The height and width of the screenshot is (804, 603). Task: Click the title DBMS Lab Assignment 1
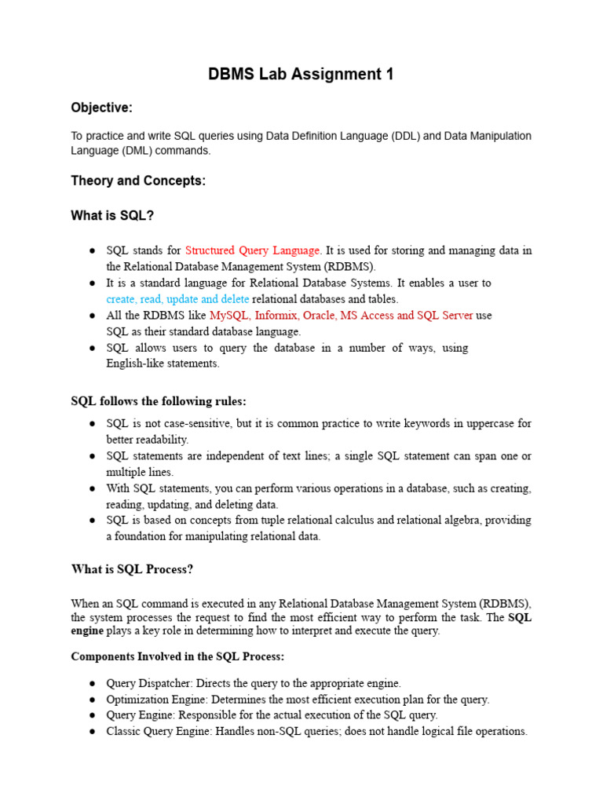pyautogui.click(x=301, y=75)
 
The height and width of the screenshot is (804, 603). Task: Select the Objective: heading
pyautogui.click(x=102, y=108)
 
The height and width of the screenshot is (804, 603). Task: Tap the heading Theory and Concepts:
pyautogui.click(x=138, y=181)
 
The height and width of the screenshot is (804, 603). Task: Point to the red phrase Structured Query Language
pyautogui.click(x=253, y=250)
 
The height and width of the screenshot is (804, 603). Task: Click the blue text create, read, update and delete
pyautogui.click(x=177, y=299)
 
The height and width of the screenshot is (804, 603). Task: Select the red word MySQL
pyautogui.click(x=228, y=315)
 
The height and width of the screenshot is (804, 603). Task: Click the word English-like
pyautogui.click(x=136, y=364)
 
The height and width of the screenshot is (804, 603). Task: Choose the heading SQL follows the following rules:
pyautogui.click(x=159, y=401)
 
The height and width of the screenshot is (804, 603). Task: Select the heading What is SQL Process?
pyautogui.click(x=132, y=569)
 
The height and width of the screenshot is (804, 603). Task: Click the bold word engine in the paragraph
pyautogui.click(x=87, y=630)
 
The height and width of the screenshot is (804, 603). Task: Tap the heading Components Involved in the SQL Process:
pyautogui.click(x=177, y=656)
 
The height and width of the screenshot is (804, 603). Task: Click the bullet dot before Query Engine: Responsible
pyautogui.click(x=92, y=715)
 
